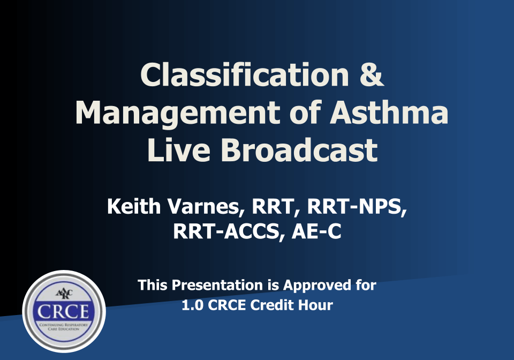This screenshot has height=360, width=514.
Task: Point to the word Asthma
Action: (389, 112)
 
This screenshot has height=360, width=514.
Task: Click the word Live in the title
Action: (179, 149)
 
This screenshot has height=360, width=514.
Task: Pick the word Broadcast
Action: (299, 149)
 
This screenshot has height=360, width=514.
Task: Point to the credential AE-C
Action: (316, 231)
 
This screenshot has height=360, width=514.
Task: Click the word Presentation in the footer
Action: (217, 285)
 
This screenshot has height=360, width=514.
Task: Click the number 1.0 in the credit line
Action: (192, 305)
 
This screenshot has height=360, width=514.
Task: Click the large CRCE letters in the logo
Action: (63, 311)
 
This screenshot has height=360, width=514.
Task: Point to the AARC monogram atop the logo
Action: (64, 293)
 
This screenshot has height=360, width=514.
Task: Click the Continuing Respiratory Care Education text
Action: (64, 327)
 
